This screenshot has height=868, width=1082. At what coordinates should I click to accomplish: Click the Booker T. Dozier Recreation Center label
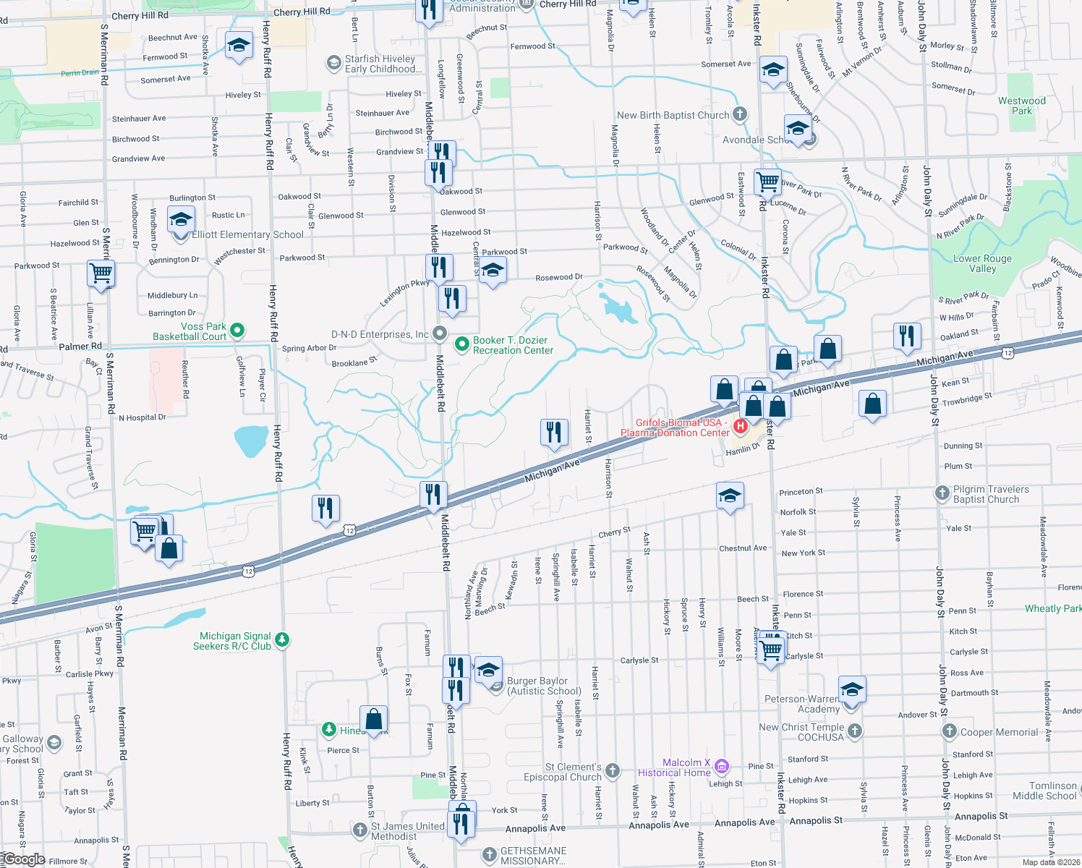(513, 346)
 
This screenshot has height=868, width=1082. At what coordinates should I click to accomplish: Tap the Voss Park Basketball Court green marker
(237, 331)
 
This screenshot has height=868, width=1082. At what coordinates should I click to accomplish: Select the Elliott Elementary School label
(247, 235)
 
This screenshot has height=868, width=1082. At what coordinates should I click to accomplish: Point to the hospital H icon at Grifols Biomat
(740, 426)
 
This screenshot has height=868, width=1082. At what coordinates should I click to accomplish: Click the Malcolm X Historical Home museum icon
(722, 765)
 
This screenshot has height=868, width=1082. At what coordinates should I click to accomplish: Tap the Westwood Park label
(1021, 106)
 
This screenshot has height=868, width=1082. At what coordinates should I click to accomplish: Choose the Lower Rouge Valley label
(982, 264)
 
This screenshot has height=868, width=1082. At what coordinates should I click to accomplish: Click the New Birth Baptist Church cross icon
(739, 114)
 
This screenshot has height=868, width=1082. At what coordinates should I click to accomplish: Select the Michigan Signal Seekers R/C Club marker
(282, 639)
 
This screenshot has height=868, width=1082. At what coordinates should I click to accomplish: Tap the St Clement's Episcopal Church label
(563, 773)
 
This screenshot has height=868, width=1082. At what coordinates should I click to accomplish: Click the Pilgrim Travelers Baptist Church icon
(942, 493)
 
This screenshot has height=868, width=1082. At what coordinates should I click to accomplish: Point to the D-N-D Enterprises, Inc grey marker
(440, 333)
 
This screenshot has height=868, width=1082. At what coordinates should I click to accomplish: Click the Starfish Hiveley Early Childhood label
(380, 64)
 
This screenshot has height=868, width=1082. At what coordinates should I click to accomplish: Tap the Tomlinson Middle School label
(1044, 791)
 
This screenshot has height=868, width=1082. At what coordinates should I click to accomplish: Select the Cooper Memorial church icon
(950, 731)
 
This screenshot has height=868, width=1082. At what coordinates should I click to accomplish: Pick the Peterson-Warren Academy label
(802, 704)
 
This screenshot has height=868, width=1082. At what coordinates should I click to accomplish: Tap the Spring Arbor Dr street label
(309, 348)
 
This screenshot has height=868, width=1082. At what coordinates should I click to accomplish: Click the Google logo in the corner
(24, 859)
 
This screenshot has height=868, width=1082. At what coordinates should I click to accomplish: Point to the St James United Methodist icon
(360, 829)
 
